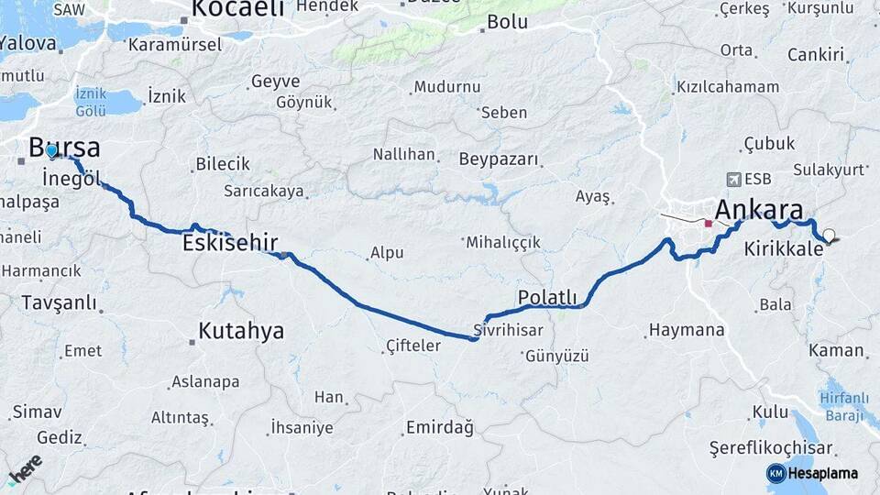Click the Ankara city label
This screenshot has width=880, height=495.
759,209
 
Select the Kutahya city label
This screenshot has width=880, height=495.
242,331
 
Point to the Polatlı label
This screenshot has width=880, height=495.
547,297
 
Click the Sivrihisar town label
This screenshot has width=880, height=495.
509,330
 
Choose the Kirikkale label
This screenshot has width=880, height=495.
784,248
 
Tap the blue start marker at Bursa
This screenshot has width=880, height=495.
51,151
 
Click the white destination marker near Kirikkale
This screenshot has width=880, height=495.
830,236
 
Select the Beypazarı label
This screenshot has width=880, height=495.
499,159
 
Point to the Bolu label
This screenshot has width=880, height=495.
508,22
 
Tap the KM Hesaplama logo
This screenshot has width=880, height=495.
814,473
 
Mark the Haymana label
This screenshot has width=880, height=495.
686,330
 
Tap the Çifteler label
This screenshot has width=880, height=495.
413,346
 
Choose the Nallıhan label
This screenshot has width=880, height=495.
403,154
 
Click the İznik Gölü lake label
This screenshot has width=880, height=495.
92,102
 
